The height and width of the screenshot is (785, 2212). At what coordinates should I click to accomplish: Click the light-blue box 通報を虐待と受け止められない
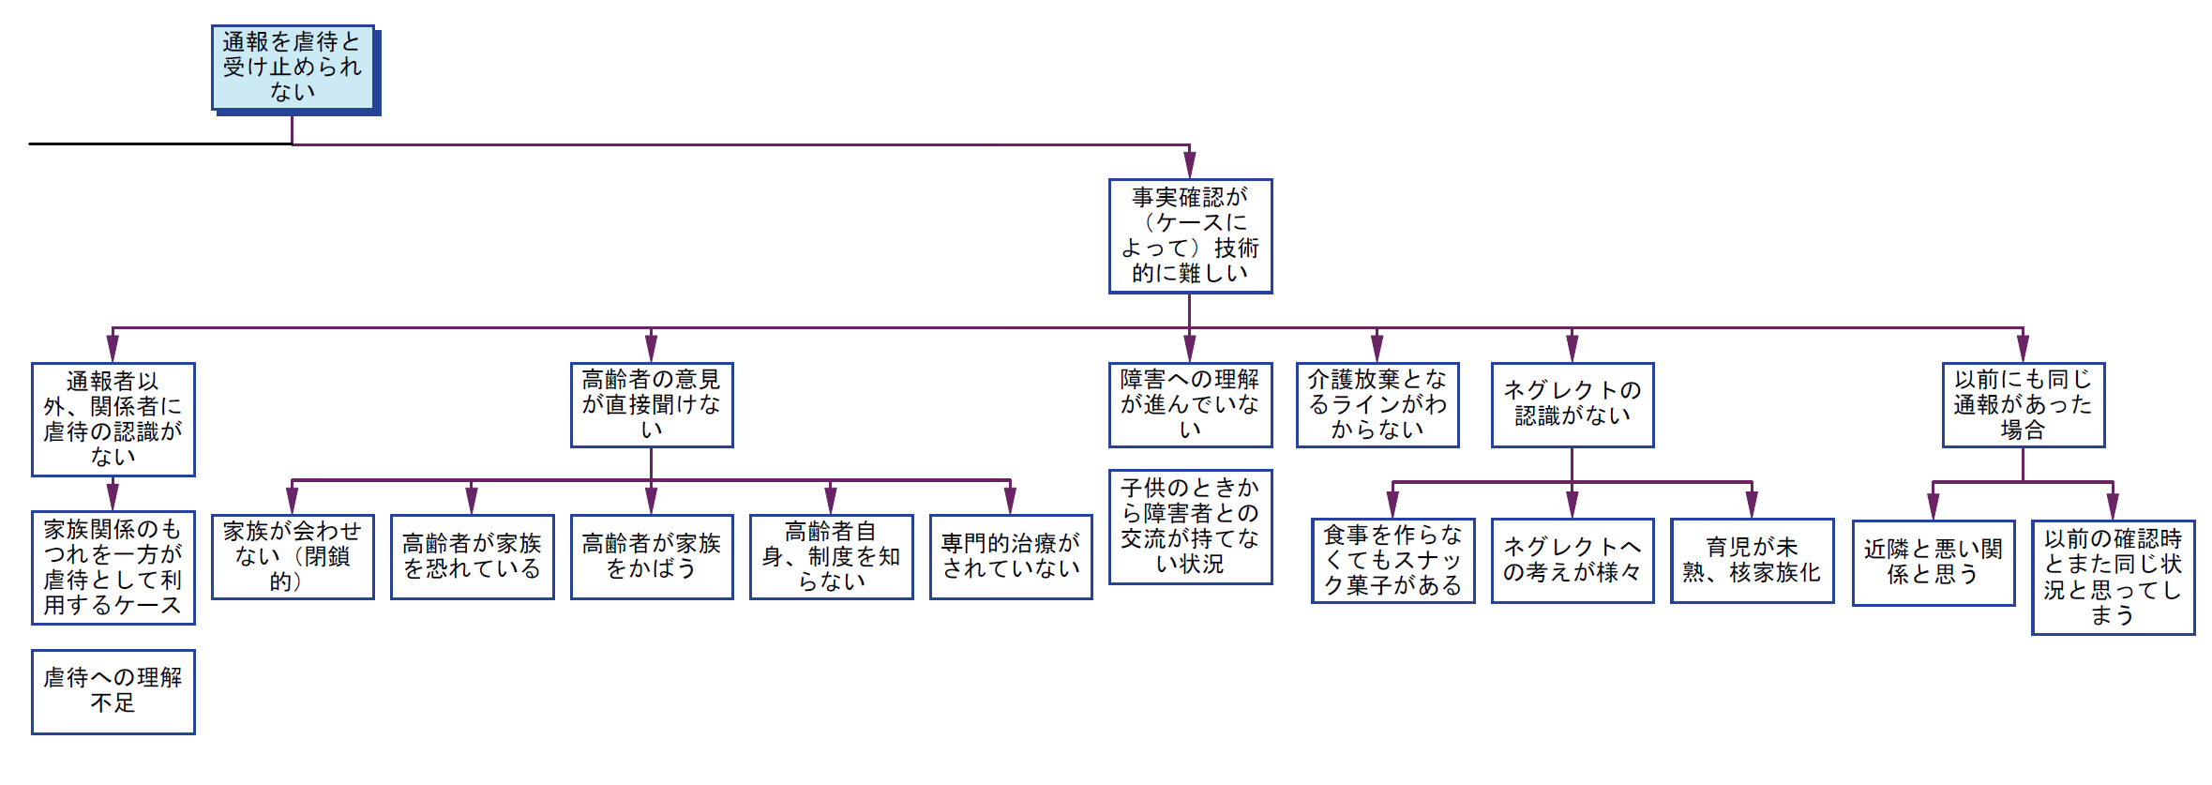point(293,67)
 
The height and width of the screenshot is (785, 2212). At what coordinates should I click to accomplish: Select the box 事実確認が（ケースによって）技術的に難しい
point(1190,235)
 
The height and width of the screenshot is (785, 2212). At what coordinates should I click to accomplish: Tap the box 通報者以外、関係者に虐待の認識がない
point(113,418)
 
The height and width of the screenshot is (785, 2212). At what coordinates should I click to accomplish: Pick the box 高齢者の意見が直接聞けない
point(652,404)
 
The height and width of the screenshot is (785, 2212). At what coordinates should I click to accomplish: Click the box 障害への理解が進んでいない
point(1190,404)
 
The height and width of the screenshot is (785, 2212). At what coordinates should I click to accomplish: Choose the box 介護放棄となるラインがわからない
point(1377,404)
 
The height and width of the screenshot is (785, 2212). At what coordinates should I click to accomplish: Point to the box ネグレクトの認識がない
point(1572,404)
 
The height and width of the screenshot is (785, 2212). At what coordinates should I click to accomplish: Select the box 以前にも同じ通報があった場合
point(2023,404)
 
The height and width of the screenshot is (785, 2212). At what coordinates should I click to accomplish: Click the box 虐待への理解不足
point(113,691)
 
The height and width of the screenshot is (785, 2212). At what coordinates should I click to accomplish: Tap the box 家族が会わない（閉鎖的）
point(293,556)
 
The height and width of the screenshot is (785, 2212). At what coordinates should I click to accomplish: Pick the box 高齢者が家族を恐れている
point(472,556)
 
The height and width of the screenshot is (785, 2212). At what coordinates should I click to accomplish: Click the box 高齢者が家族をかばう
point(652,556)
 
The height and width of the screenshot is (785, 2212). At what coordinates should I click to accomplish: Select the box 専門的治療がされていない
point(1011,556)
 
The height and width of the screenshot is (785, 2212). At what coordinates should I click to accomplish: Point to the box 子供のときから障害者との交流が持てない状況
point(1190,526)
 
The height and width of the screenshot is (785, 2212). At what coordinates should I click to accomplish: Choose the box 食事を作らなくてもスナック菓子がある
point(1392,560)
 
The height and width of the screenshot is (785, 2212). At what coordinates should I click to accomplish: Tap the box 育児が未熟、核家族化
point(1752,560)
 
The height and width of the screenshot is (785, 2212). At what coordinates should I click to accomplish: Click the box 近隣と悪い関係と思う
point(1933,562)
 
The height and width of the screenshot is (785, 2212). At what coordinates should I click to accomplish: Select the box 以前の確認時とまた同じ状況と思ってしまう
point(2113,577)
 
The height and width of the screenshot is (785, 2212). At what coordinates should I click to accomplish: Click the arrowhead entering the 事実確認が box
point(1189,166)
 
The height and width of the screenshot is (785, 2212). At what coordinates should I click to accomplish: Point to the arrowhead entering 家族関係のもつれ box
point(113,497)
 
